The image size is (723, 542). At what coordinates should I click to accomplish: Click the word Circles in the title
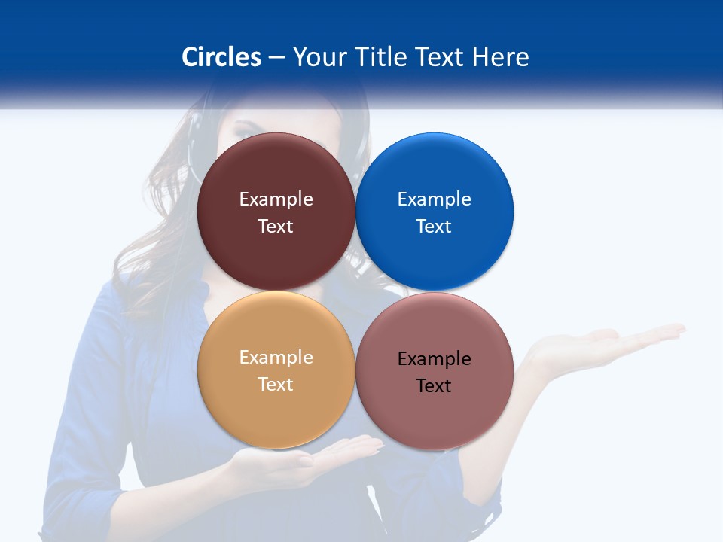tap(221, 57)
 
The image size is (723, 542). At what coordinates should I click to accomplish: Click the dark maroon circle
tap(276, 166)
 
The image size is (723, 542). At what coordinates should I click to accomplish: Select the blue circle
tap(435, 166)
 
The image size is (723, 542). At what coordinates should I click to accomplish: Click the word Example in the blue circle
tap(435, 199)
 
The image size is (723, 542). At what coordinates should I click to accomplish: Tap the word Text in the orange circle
tap(276, 385)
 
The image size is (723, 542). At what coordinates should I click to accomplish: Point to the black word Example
tap(435, 359)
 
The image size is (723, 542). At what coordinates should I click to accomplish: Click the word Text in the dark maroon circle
tap(276, 227)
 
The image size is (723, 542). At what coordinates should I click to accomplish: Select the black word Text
tap(434, 386)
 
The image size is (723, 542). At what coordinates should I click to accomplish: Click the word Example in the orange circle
tap(276, 358)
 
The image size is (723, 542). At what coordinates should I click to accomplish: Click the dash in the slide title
tap(276, 57)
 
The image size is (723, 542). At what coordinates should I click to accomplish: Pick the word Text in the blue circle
tap(434, 227)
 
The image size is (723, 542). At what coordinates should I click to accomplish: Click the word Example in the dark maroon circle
tap(276, 199)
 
